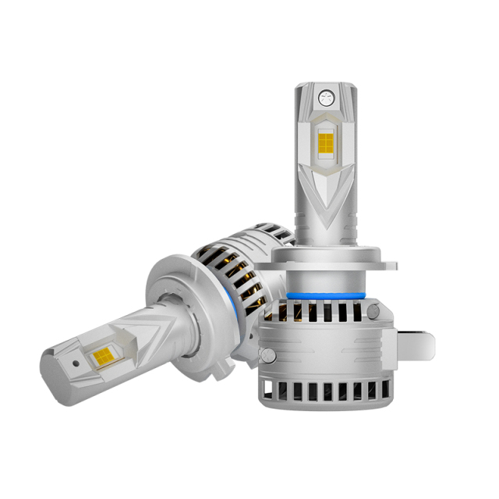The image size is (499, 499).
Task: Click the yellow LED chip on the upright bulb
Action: coord(327,141)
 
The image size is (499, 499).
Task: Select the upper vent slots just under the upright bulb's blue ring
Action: coord(327,310)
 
